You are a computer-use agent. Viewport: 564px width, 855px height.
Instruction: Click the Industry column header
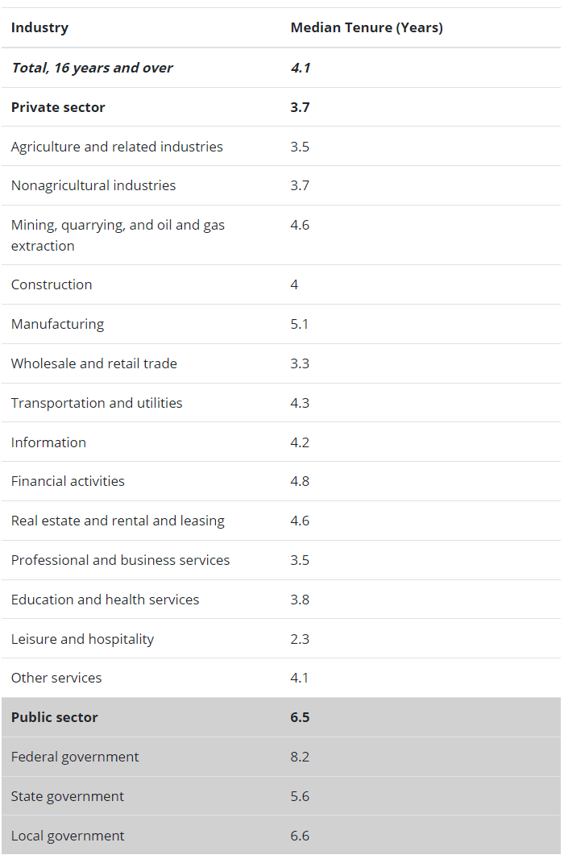[x=39, y=27]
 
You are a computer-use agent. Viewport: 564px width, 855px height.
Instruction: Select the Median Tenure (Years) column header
[x=367, y=27]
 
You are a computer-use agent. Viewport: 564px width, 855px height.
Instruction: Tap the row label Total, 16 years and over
[x=92, y=68]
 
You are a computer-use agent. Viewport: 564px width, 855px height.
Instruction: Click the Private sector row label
[x=58, y=107]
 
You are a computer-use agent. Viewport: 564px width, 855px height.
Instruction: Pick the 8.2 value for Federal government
[x=300, y=757]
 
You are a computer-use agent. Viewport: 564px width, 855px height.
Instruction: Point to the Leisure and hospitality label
[x=82, y=639]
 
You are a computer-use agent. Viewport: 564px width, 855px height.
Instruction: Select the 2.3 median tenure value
[x=300, y=639]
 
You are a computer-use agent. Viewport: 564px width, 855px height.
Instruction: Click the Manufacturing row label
[x=57, y=324]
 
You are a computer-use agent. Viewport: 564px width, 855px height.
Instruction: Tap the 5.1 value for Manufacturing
[x=300, y=324]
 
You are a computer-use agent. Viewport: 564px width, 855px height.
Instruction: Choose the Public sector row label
[x=54, y=717]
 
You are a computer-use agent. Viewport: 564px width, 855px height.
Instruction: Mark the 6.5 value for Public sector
[x=300, y=717]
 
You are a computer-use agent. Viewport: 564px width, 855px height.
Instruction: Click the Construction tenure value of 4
[x=294, y=284]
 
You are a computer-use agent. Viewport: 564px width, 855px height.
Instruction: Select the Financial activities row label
[x=68, y=481]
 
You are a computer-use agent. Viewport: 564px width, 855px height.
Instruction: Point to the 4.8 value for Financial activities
[x=300, y=481]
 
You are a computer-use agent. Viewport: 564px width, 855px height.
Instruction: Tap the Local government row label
[x=68, y=836]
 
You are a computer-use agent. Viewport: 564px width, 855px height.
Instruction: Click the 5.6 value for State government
[x=300, y=796]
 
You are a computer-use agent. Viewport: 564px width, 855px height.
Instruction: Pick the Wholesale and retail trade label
[x=93, y=363]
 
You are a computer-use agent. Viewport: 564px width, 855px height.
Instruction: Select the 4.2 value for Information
[x=300, y=442]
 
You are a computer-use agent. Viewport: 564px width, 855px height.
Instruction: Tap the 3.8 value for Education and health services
[x=300, y=600]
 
